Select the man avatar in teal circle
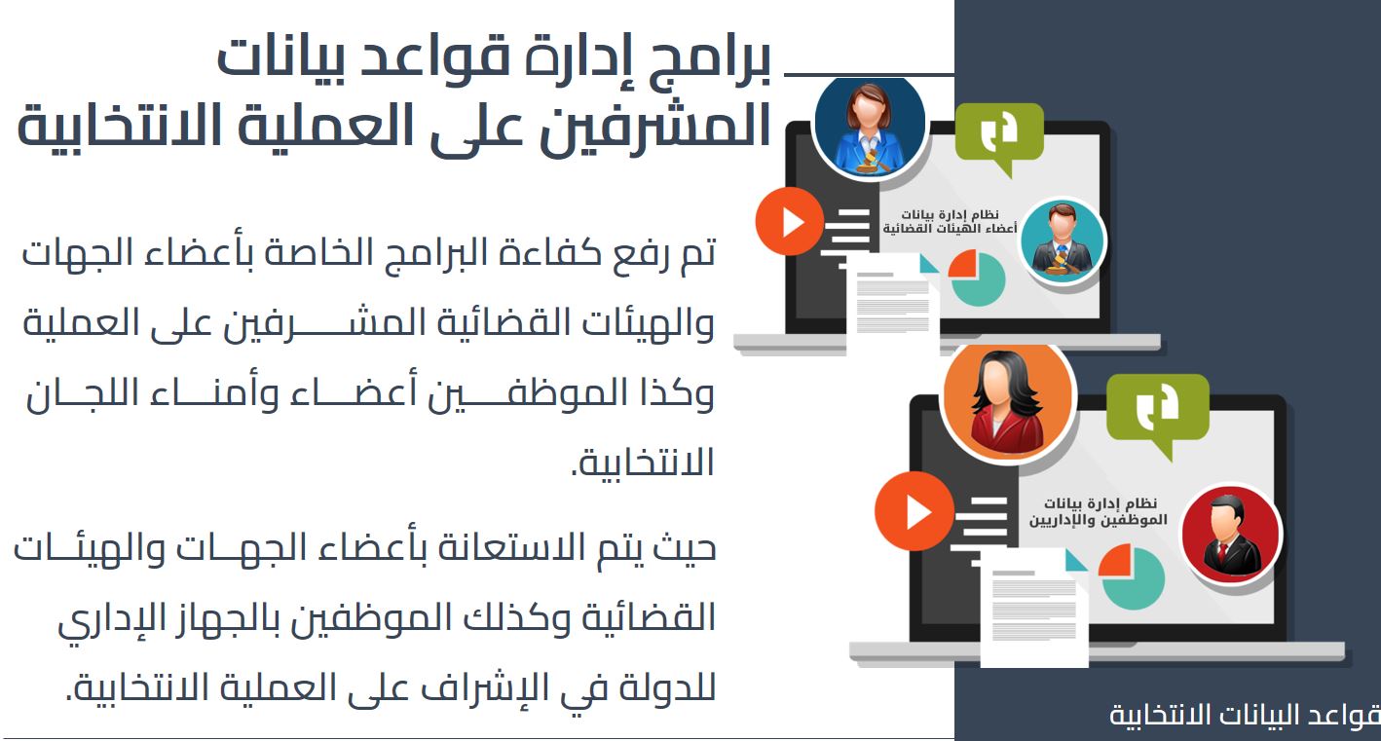pyautogui.click(x=1062, y=241)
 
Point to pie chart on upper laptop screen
pyautogui.click(x=977, y=278)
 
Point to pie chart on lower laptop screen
pyautogui.click(x=1132, y=577)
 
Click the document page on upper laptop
pyautogui.click(x=893, y=303)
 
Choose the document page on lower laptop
pyautogui.click(x=1034, y=608)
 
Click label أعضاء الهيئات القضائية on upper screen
pyautogui.click(x=950, y=229)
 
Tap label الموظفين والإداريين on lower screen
pyautogui.click(x=1098, y=520)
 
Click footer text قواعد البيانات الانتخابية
pyautogui.click(x=1245, y=715)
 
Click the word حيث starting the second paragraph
pyautogui.click(x=685, y=547)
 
